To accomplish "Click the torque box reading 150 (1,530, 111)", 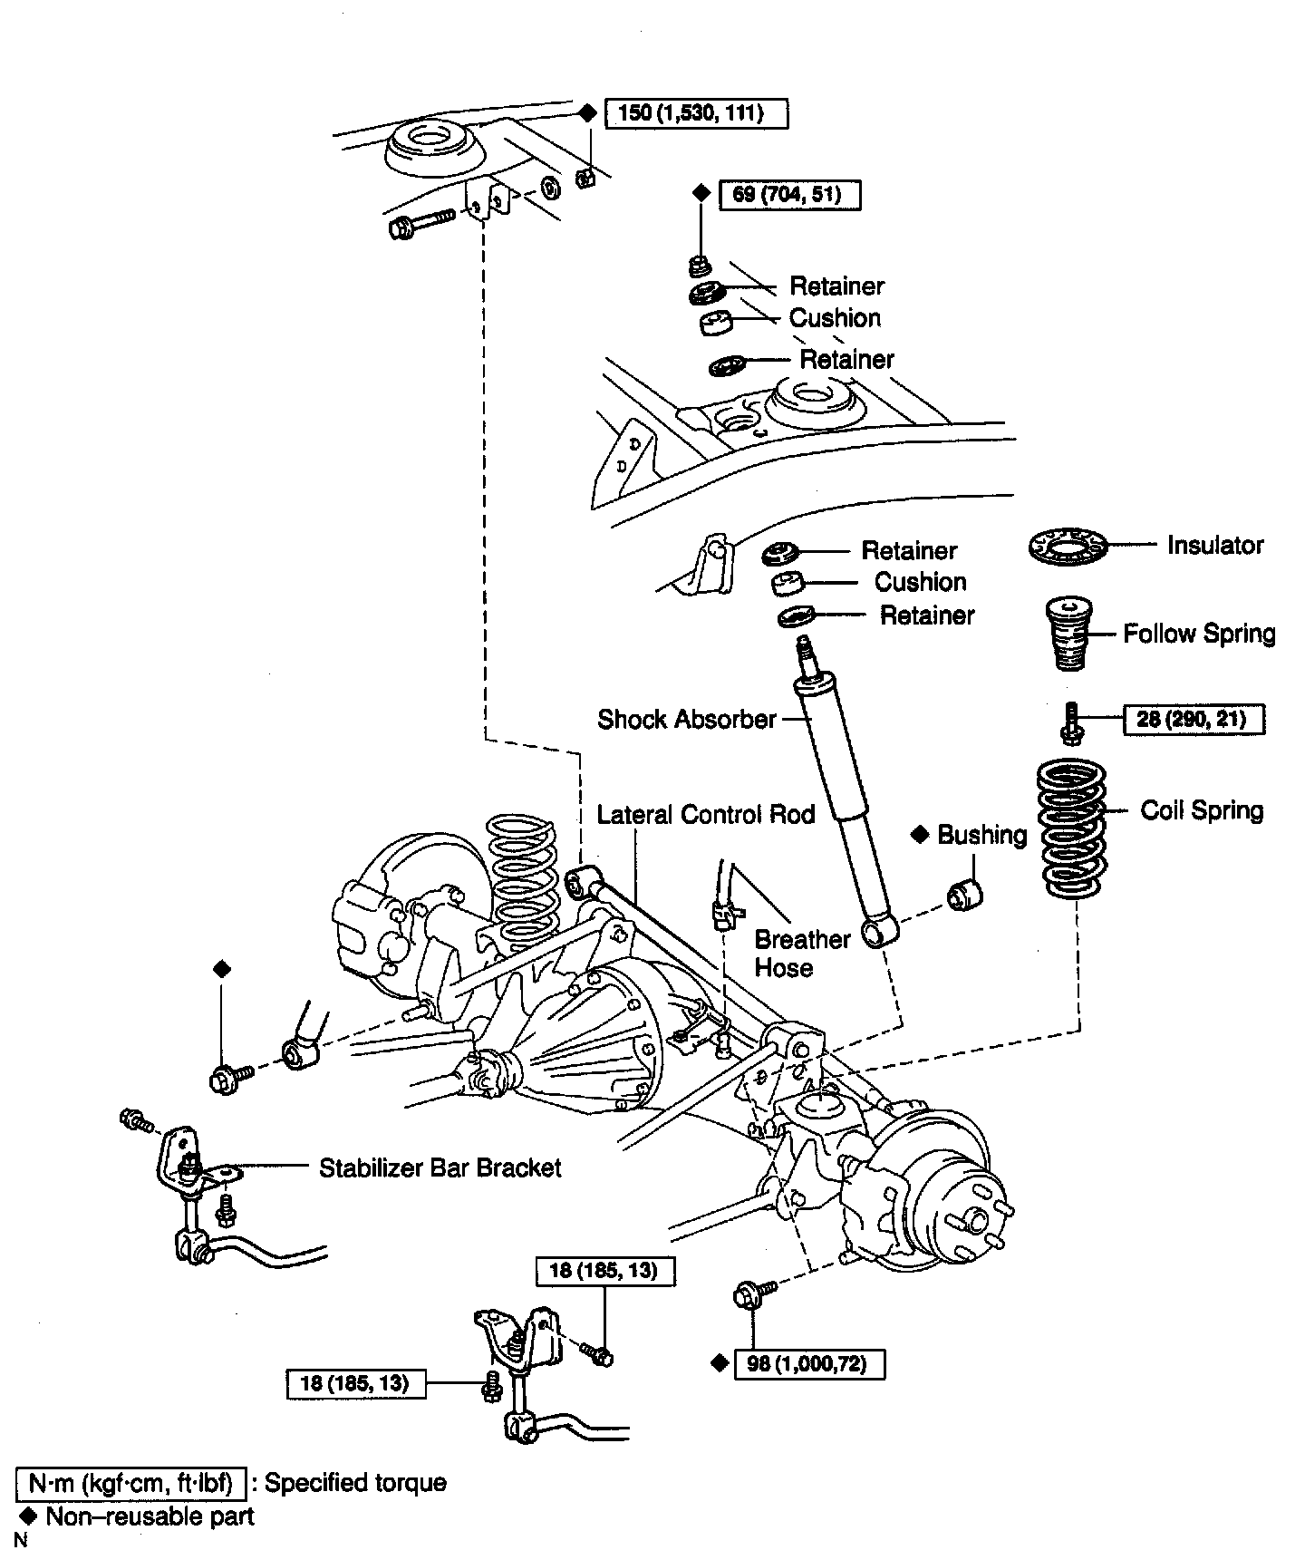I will pyautogui.click(x=695, y=113).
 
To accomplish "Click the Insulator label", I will pyautogui.click(x=1214, y=546).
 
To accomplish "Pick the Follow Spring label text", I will pyautogui.click(x=1198, y=634).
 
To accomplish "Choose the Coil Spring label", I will pyautogui.click(x=1201, y=810).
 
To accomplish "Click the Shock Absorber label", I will pyautogui.click(x=686, y=720).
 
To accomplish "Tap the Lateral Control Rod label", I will pyautogui.click(x=705, y=815).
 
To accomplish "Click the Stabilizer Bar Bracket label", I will pyautogui.click(x=440, y=1167).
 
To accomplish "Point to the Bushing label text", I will pyautogui.click(x=981, y=835).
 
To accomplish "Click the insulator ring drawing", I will pyautogui.click(x=1068, y=546).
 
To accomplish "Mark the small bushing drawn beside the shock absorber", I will pyautogui.click(x=965, y=895).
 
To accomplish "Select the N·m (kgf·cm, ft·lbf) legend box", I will pyautogui.click(x=130, y=1483).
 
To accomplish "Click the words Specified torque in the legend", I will pyautogui.click(x=355, y=1483).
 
